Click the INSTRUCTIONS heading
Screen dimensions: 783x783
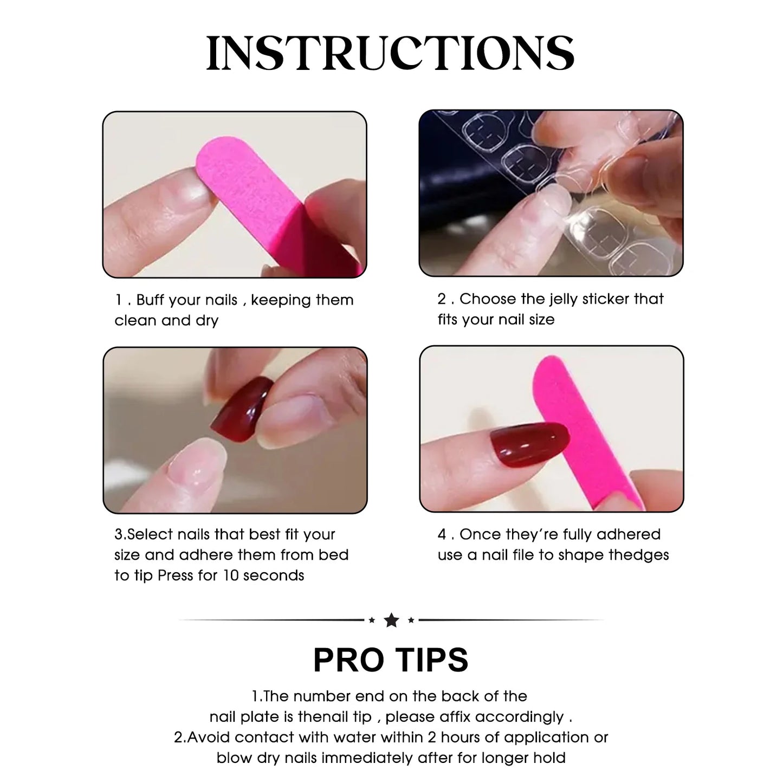[390, 53]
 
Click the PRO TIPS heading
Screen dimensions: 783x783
[391, 659]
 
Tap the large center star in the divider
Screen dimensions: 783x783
[391, 620]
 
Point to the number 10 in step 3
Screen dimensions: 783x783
[230, 575]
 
